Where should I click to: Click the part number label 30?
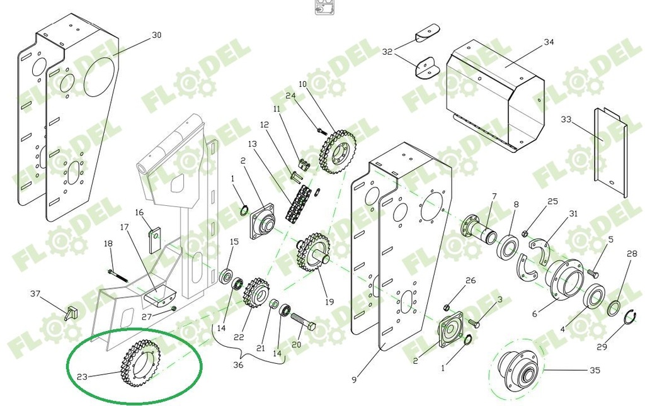click(156, 35)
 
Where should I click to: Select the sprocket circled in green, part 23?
click(140, 363)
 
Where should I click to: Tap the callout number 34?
click(549, 42)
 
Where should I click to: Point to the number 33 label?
click(566, 119)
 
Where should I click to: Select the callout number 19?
click(329, 302)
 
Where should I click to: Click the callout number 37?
click(35, 293)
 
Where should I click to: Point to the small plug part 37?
click(72, 311)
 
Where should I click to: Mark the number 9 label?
click(354, 380)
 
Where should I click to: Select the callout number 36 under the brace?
click(238, 364)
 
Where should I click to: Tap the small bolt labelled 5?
click(593, 273)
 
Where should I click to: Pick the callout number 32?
click(387, 52)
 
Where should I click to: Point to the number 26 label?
click(471, 281)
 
